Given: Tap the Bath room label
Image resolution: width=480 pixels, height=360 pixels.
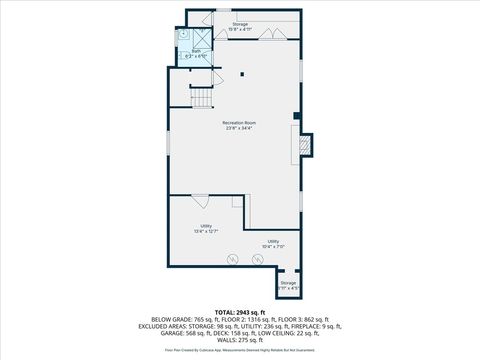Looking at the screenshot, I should (x=197, y=53).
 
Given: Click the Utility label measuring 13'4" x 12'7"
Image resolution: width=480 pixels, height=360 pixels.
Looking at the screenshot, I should (x=206, y=229).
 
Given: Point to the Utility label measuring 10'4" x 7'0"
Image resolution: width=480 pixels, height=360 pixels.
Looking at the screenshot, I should (x=273, y=244).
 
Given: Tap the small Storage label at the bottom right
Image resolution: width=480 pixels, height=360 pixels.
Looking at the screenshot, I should (x=288, y=285).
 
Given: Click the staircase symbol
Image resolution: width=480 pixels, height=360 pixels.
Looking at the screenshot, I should (x=203, y=98).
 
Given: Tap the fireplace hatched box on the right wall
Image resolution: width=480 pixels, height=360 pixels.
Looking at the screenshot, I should (x=306, y=147).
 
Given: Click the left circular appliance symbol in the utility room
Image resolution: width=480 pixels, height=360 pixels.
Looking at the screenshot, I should (x=232, y=259).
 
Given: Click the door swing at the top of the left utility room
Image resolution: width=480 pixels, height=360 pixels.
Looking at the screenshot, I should (x=200, y=199).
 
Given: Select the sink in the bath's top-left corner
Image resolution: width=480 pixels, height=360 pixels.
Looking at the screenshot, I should (x=184, y=33).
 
